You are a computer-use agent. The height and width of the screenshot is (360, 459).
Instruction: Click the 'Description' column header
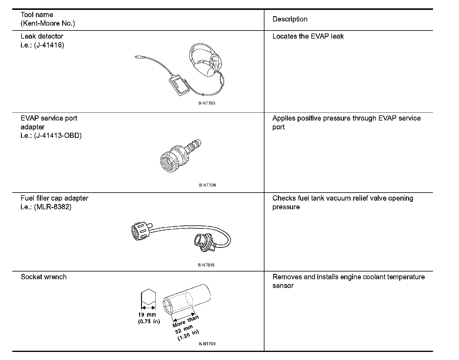click(x=290, y=19)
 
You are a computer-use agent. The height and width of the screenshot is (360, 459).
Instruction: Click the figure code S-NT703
click(x=207, y=103)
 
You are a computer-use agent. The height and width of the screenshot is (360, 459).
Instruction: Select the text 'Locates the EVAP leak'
click(x=308, y=36)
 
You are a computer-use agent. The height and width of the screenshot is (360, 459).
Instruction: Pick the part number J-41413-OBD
click(x=58, y=136)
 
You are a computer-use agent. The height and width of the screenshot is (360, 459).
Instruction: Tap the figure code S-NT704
click(x=207, y=185)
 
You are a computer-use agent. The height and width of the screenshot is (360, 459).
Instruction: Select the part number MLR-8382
click(x=53, y=207)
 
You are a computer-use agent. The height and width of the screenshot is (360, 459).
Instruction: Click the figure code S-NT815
click(x=206, y=265)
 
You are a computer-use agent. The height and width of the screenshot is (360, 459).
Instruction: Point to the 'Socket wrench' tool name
click(x=44, y=277)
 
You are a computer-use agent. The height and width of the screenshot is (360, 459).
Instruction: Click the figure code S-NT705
click(x=207, y=344)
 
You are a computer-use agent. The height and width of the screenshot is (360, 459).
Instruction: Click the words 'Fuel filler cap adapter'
click(x=54, y=198)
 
